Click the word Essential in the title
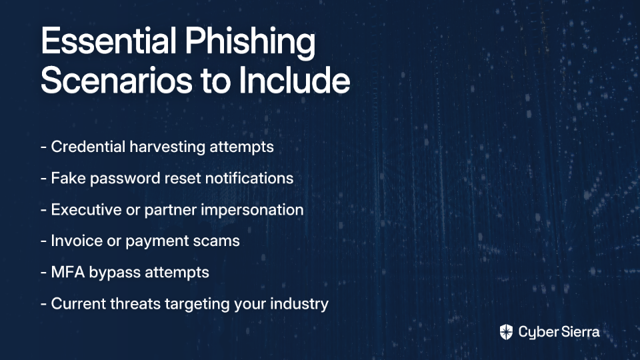click(x=109, y=41)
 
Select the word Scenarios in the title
click(x=116, y=81)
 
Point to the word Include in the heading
click(x=294, y=79)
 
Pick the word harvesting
click(x=167, y=147)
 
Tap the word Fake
click(x=68, y=178)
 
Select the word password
click(x=125, y=179)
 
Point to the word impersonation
click(x=252, y=210)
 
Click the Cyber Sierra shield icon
click(x=506, y=332)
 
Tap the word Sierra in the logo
click(x=579, y=332)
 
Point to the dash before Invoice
click(x=44, y=241)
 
